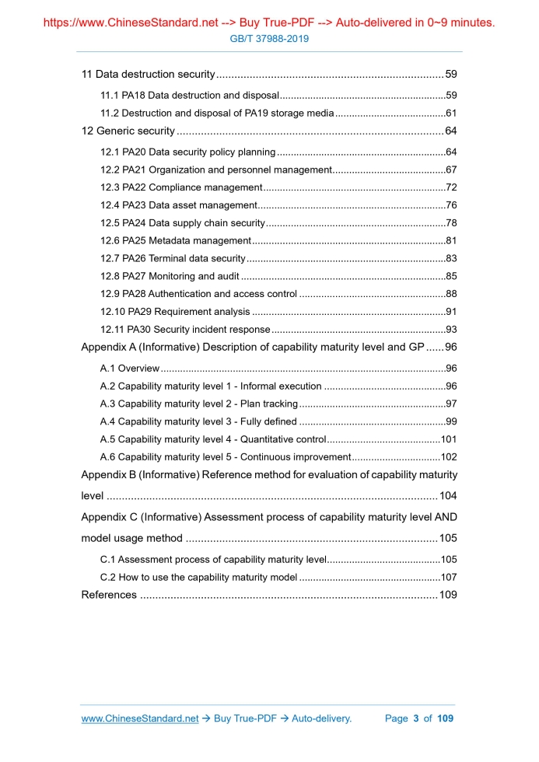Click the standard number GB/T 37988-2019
[x=269, y=38]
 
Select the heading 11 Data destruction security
[x=148, y=75]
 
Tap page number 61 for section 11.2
[x=450, y=114]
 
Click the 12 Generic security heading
[x=128, y=131]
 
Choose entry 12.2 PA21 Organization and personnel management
[x=215, y=170]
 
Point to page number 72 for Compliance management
[x=450, y=187]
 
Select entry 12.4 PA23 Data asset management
[x=179, y=205]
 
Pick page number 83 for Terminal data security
[x=450, y=258]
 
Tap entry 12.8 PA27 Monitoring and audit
[x=170, y=276]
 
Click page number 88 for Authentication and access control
[x=450, y=294]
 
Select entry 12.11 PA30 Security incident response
[x=185, y=330]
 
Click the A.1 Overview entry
[x=130, y=369]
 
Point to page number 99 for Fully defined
[x=450, y=422]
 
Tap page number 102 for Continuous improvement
[x=448, y=457]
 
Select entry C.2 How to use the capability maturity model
[x=199, y=578]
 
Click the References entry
[x=110, y=596]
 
